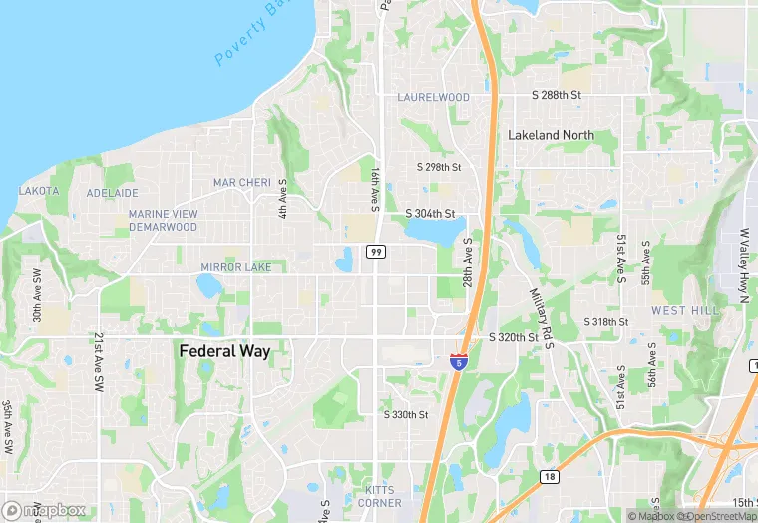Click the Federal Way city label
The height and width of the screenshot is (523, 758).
click(x=224, y=351)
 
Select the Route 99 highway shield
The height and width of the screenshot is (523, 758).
click(x=375, y=252)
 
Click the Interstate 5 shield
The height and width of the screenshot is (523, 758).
click(x=458, y=362)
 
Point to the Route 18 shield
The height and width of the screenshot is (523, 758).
click(x=549, y=477)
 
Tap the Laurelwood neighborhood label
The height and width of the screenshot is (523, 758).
click(x=433, y=97)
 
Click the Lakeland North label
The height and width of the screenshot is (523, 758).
click(x=551, y=135)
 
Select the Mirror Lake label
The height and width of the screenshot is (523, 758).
click(x=235, y=267)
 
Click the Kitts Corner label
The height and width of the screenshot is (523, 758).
click(x=379, y=497)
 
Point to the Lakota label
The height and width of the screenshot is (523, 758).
click(x=39, y=190)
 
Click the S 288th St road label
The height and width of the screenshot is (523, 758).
click(x=555, y=94)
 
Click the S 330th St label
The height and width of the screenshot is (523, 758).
click(x=406, y=414)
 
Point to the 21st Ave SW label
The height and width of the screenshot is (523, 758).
click(x=99, y=362)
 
